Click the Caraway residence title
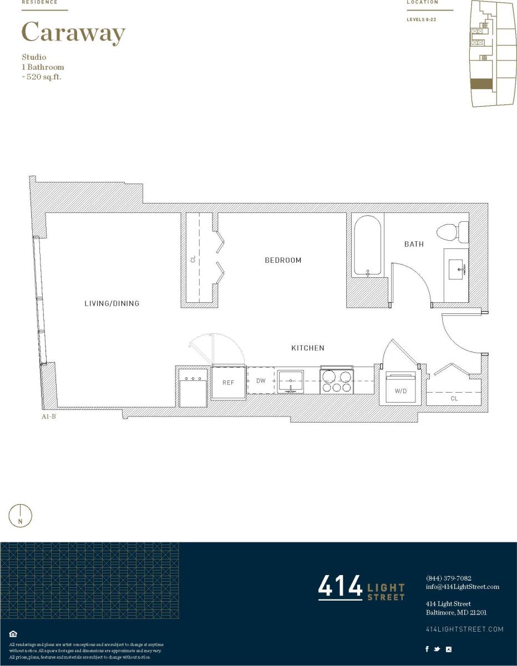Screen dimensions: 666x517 (73, 33)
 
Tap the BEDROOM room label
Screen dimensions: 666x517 (283, 260)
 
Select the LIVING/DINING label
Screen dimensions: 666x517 (111, 303)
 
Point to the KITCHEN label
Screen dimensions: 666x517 (308, 348)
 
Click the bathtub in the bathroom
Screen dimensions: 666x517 (368, 246)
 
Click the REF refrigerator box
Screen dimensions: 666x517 (228, 383)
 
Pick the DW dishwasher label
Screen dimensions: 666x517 (261, 381)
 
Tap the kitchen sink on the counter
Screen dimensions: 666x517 (290, 381)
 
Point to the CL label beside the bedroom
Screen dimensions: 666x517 (193, 258)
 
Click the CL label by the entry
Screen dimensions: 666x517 (454, 398)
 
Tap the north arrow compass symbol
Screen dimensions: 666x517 (21, 516)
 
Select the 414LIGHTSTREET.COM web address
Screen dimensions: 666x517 (464, 629)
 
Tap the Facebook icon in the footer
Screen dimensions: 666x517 (427, 649)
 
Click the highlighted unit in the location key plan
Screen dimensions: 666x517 (481, 84)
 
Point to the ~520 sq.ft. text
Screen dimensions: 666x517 (42, 77)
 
